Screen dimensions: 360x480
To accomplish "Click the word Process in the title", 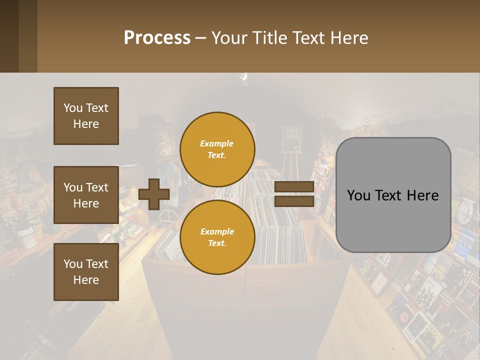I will (157, 38).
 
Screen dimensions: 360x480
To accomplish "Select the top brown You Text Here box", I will (86, 116).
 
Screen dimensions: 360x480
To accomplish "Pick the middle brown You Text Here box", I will (86, 195).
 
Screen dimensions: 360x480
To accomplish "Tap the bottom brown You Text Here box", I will (86, 272).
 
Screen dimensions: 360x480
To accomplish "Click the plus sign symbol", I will (154, 194).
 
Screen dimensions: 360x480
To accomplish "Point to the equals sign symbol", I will (294, 194).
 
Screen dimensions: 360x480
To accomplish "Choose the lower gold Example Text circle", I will (217, 237).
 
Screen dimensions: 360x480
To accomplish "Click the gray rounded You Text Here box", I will (393, 195).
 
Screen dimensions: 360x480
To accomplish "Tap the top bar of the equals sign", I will (294, 187).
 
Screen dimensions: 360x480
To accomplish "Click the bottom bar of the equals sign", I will (294, 201).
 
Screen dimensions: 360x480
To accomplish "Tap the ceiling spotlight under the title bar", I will (244, 77).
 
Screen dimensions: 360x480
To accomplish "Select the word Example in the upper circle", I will (217, 143).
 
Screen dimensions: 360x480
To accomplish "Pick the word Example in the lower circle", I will (217, 231).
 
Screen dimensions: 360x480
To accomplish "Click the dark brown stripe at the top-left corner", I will (9, 36).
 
